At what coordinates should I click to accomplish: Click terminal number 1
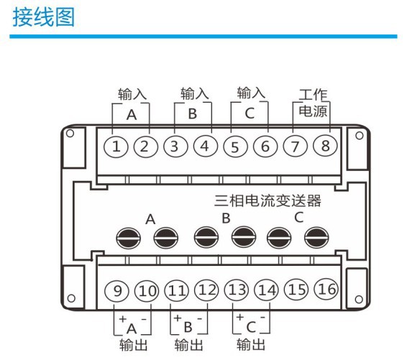coord(117,147)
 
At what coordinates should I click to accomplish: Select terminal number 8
coord(324,146)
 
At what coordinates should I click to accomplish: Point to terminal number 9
coord(119,291)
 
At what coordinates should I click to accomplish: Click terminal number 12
coord(206,291)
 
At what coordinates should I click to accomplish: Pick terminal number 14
coord(265,291)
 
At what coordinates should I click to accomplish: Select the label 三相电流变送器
coord(268,200)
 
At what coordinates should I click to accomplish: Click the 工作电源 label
coord(312,103)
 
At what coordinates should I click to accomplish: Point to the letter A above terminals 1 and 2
coord(131,115)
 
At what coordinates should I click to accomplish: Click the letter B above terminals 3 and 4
coord(192,115)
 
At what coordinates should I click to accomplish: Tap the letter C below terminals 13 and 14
coord(250,328)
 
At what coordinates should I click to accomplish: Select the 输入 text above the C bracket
coord(251,93)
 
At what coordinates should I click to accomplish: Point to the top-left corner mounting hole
coord(70,134)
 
